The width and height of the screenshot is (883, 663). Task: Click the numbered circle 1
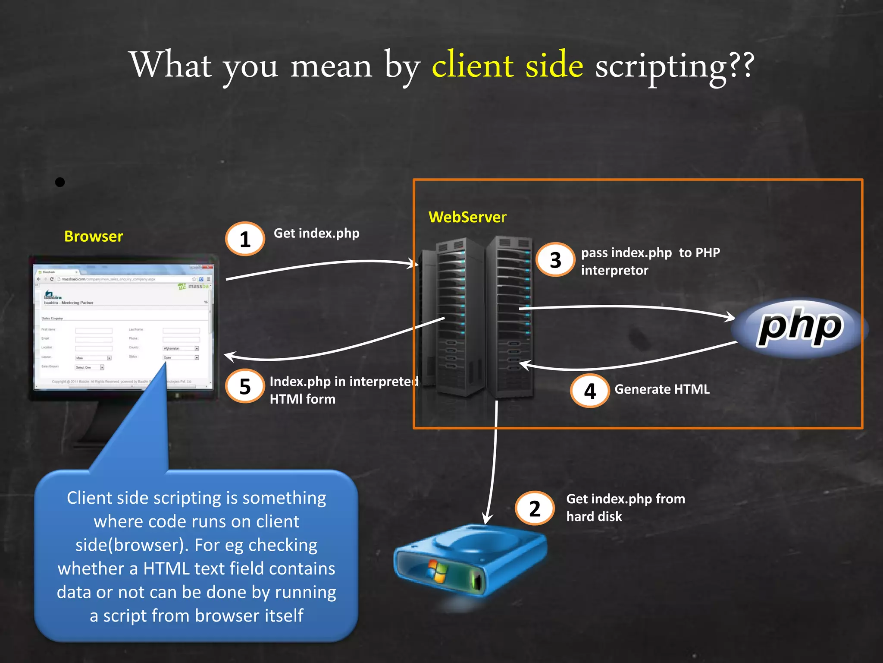(x=245, y=239)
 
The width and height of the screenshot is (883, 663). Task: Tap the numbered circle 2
(x=535, y=508)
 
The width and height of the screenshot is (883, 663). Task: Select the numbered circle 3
(x=555, y=260)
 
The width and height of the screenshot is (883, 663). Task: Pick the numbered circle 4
(x=590, y=391)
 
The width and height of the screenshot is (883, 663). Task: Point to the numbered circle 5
(x=245, y=386)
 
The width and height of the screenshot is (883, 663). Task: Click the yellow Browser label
(x=94, y=237)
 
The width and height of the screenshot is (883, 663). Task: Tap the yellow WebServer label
(x=467, y=217)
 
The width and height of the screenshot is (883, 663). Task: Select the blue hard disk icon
(x=470, y=561)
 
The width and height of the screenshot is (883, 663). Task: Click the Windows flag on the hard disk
(x=438, y=571)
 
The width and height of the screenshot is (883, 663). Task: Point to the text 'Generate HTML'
(x=662, y=389)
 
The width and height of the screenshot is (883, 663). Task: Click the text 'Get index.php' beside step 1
(x=316, y=234)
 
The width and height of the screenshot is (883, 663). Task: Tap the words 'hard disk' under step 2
(x=594, y=517)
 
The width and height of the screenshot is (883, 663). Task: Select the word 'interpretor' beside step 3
(x=614, y=271)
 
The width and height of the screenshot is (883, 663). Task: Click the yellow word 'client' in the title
(x=473, y=66)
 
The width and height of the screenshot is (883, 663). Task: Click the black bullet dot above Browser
(x=60, y=182)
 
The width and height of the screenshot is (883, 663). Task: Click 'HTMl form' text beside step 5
(x=302, y=399)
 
